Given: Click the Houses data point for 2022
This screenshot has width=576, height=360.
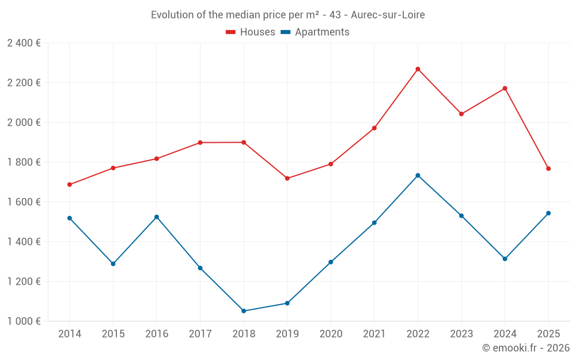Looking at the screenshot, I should pyautogui.click(x=418, y=69).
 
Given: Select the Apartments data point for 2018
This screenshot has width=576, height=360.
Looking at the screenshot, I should pyautogui.click(x=244, y=311).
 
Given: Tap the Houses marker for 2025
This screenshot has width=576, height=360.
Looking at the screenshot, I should pyautogui.click(x=548, y=169).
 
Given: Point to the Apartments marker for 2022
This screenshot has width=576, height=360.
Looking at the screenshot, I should pyautogui.click(x=418, y=176).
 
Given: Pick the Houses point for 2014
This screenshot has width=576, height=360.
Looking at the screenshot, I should pyautogui.click(x=70, y=185).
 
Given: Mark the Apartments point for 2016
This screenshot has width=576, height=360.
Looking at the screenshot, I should pyautogui.click(x=157, y=217).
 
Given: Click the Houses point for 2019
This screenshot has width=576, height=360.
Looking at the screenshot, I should pyautogui.click(x=287, y=179).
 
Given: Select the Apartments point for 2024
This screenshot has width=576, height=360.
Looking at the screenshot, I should pyautogui.click(x=505, y=259).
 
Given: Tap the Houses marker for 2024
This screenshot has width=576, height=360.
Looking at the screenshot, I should pyautogui.click(x=505, y=88).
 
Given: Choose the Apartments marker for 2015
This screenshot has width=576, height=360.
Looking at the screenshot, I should pyautogui.click(x=113, y=264).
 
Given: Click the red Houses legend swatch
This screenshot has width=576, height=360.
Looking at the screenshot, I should pyautogui.click(x=231, y=32).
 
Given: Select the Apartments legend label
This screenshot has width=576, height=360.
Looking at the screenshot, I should pyautogui.click(x=322, y=32).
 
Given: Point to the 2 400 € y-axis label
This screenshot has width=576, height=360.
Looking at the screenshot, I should pyautogui.click(x=24, y=43).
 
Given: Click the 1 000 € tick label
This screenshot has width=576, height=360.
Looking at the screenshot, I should pyautogui.click(x=24, y=321).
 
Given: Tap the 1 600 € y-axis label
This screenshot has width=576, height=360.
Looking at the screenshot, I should pyautogui.click(x=24, y=202).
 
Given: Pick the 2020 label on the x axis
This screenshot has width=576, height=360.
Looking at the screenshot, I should pyautogui.click(x=331, y=334).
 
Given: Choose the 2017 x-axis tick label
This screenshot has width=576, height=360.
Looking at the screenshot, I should pyautogui.click(x=200, y=334).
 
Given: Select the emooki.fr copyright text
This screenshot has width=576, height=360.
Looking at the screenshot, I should pyautogui.click(x=525, y=348).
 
